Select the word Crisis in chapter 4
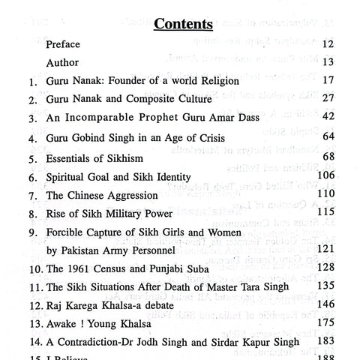[227, 139]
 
